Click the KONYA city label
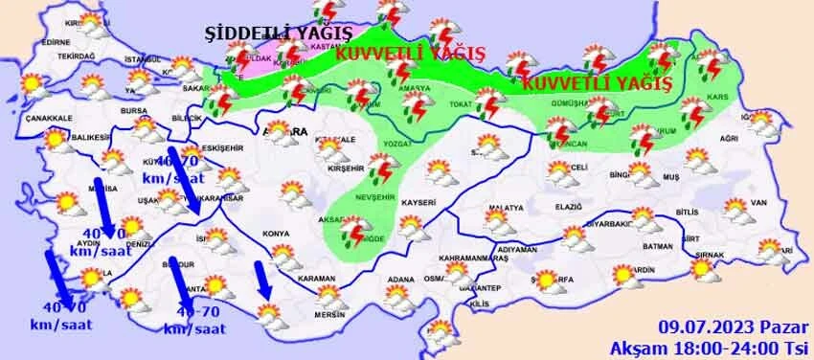point(276,233)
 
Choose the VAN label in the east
point(759,202)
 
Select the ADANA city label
point(399,281)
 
